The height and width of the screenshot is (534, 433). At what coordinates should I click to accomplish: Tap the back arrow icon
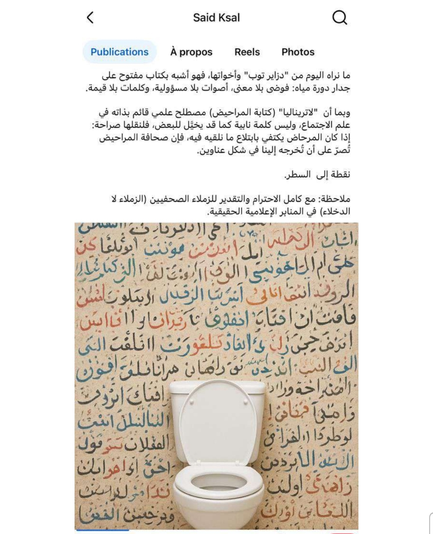pos(90,18)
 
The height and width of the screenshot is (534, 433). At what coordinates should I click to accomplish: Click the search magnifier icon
pos(340,18)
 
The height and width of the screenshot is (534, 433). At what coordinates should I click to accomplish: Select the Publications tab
pos(119,52)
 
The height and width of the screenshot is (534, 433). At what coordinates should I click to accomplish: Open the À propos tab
pos(191,52)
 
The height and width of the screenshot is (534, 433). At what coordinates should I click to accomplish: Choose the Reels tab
pos(247,52)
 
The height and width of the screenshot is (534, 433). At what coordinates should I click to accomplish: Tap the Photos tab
pos(298,52)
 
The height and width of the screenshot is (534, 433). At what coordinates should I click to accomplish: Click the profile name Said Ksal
pos(216,18)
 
